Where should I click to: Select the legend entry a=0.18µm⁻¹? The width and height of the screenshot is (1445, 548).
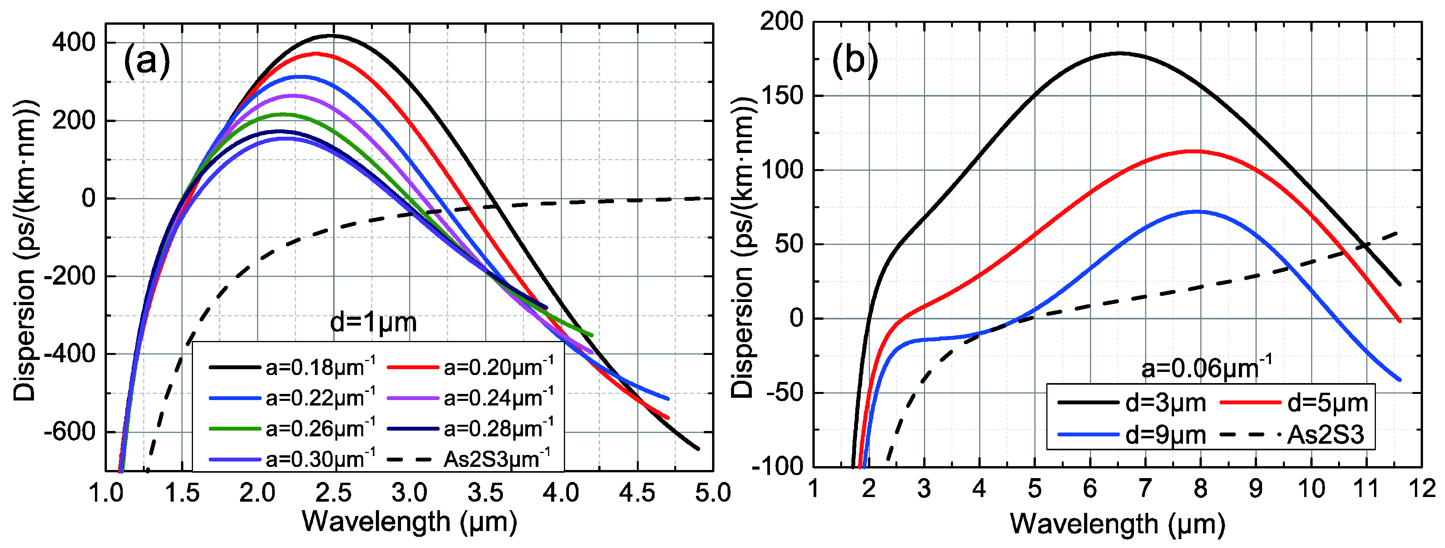click(292, 367)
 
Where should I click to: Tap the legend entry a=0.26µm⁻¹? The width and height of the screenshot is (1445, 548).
click(292, 428)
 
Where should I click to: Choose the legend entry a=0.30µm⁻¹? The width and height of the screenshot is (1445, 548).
click(292, 459)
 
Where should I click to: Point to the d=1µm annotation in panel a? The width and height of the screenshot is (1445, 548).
click(373, 323)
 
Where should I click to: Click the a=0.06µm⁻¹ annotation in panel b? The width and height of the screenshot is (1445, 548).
click(1206, 368)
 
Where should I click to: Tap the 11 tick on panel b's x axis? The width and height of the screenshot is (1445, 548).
click(1366, 489)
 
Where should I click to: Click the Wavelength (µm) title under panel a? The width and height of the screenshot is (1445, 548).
click(409, 522)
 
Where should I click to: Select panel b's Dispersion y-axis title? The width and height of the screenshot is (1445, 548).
click(743, 247)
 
